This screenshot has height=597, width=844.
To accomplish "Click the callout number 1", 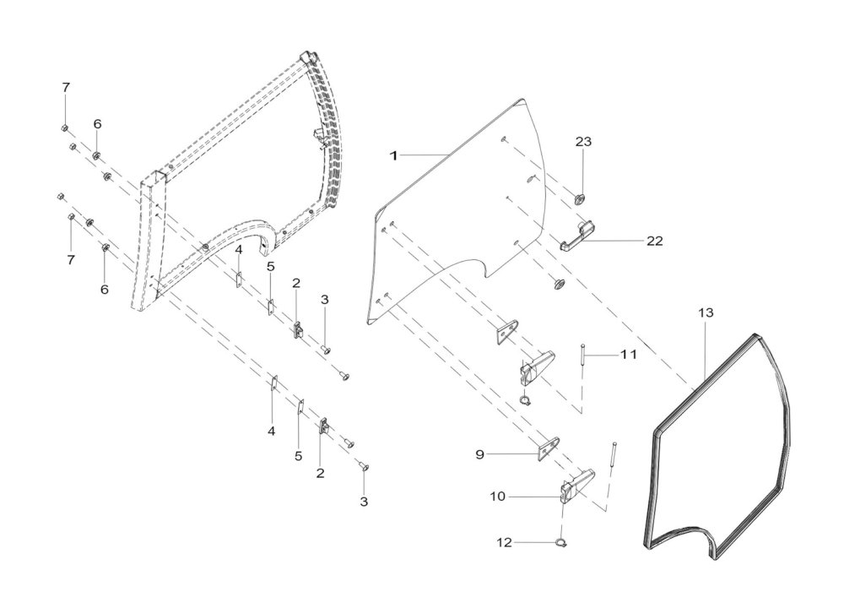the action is tap(393, 155).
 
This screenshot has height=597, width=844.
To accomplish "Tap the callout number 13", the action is tap(706, 312).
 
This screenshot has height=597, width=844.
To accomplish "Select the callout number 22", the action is tap(655, 241).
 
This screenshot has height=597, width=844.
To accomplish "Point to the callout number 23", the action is tap(583, 142).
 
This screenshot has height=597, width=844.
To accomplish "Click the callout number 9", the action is tap(479, 454).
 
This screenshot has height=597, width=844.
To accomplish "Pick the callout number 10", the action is tap(498, 496).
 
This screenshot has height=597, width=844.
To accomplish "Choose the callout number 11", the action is tap(628, 355).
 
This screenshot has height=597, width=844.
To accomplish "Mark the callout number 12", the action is tap(505, 543).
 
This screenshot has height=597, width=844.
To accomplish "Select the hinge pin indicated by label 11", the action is tap(583, 354).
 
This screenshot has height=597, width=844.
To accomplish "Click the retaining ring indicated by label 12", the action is tap(561, 543).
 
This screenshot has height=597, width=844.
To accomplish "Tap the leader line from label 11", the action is tap(602, 355).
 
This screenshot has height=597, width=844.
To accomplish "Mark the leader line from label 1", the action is tap(423, 155).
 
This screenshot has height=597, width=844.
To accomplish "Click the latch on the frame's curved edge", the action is tap(320, 136).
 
